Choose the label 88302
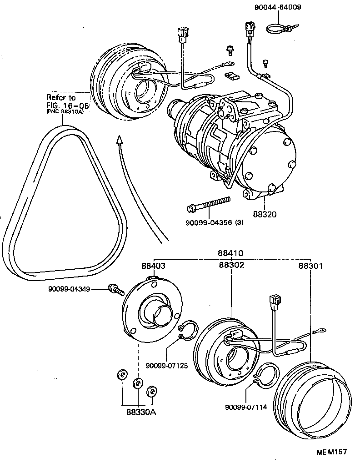pyautogui.click(x=231, y=265)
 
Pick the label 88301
pyautogui.click(x=310, y=266)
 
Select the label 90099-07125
pyautogui.click(x=166, y=366)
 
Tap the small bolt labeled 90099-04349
pyautogui.click(x=115, y=289)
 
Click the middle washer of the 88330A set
pyautogui.click(x=137, y=382)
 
